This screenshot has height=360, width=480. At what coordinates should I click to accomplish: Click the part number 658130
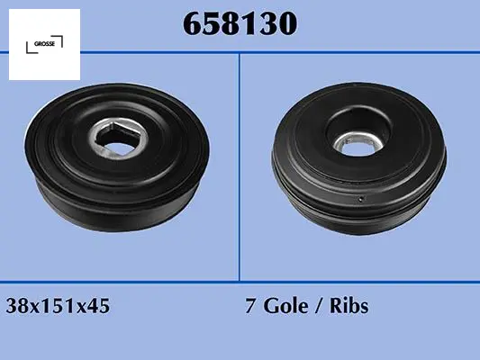[240, 23]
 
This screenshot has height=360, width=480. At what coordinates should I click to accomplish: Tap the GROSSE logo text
[44, 44]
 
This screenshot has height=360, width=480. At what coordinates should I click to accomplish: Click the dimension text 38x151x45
[58, 306]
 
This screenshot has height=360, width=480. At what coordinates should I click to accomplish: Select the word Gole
[285, 306]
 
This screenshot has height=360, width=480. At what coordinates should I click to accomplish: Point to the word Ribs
[349, 305]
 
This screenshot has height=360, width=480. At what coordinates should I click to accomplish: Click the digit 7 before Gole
[250, 306]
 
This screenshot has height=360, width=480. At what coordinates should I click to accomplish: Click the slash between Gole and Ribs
[319, 306]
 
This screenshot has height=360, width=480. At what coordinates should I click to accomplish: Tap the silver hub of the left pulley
[119, 139]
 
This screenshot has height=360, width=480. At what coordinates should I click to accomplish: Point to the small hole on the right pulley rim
[361, 199]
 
